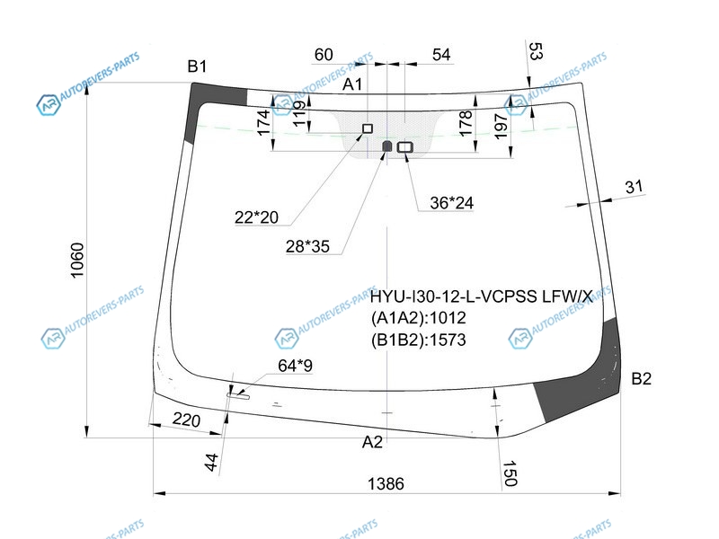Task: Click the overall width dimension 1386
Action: [386, 483]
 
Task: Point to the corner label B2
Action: [641, 378]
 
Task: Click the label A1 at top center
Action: [353, 84]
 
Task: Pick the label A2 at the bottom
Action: [372, 441]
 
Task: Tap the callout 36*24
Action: [451, 203]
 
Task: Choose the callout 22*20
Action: [257, 216]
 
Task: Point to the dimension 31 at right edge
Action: [635, 187]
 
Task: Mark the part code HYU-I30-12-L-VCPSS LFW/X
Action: [482, 296]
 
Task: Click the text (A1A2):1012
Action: [419, 318]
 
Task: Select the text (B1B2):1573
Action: [419, 340]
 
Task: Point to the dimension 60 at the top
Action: [324, 55]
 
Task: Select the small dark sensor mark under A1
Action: [387, 146]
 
